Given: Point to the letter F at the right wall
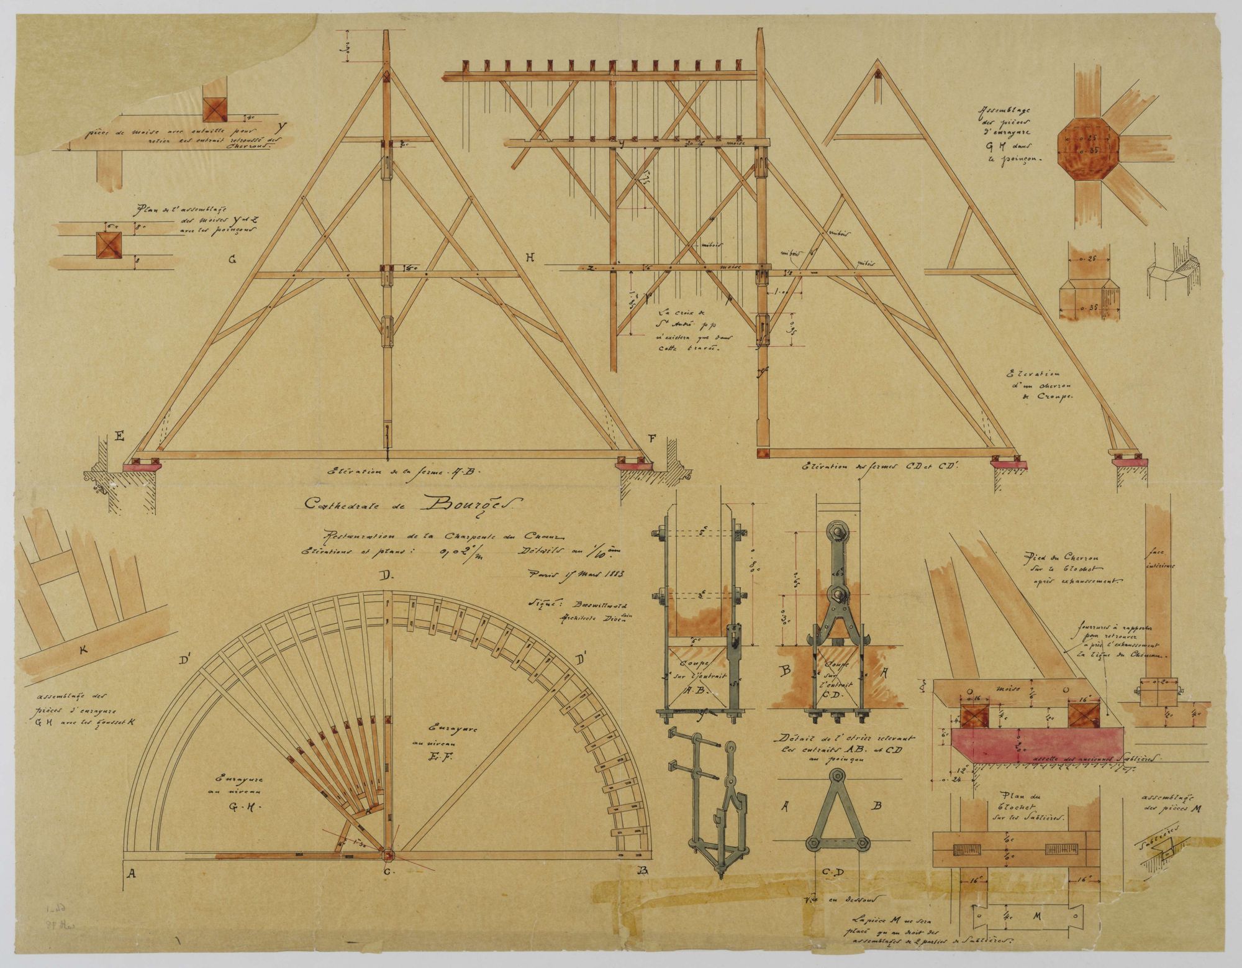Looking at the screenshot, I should click(x=651, y=439).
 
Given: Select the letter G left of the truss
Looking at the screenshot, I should click(x=232, y=260).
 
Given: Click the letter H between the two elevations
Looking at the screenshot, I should click(x=529, y=257).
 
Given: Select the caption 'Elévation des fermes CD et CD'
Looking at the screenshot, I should click(x=881, y=466).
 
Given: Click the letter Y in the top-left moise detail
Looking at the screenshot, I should click(x=283, y=126).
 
